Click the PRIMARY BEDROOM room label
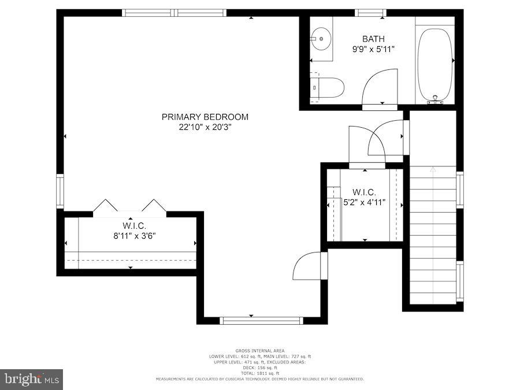point(205,117)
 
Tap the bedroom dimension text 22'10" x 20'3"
point(205,127)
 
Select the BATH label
point(373,39)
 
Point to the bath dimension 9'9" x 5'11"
point(373,49)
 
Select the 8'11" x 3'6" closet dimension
point(133,235)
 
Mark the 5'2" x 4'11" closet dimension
point(364,202)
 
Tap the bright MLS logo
point(31,379)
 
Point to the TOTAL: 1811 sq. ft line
point(259,373)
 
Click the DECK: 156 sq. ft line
point(259,367)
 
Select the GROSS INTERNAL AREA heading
point(259,351)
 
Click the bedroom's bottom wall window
point(262,320)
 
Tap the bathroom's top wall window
point(370,13)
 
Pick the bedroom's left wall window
point(60,191)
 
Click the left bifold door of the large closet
point(106,206)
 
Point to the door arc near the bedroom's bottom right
point(307,266)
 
